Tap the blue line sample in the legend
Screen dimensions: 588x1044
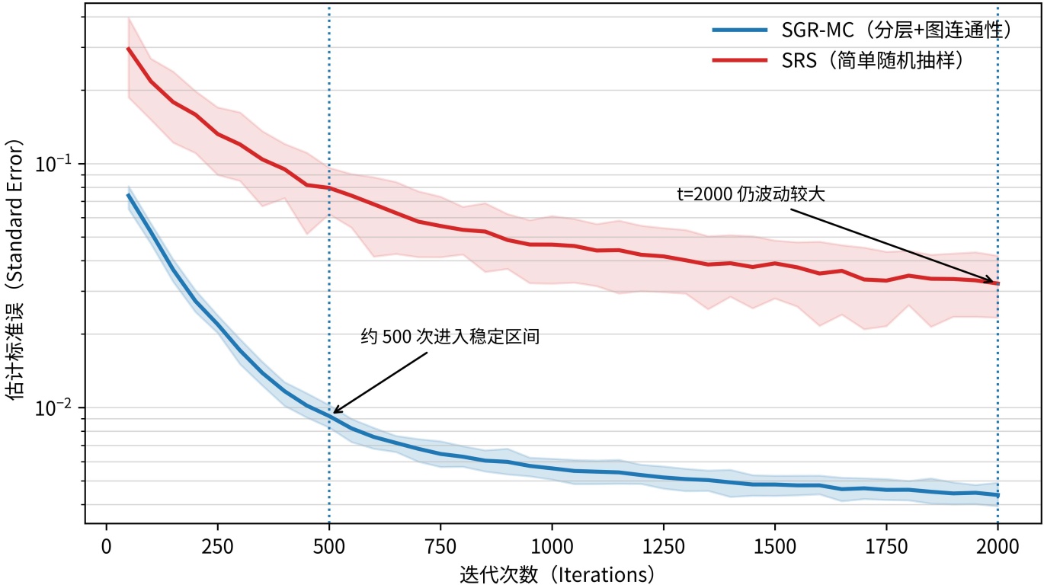pyautogui.click(x=739, y=30)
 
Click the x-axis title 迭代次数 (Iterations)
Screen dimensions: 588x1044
pyautogui.click(x=557, y=574)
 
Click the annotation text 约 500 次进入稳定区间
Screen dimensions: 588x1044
pyautogui.click(x=450, y=337)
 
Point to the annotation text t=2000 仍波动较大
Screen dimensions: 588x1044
pyautogui.click(x=751, y=194)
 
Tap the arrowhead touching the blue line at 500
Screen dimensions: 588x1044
pyautogui.click(x=335, y=412)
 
